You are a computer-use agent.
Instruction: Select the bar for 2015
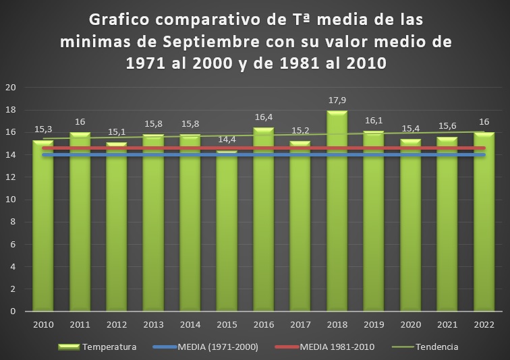pos(227,233)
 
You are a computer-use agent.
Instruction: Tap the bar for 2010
pos(43,229)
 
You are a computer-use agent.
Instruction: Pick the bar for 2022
pos(484,222)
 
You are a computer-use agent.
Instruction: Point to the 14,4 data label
pos(227,140)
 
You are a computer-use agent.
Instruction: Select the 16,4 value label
pos(264,118)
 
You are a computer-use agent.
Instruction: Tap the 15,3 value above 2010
pos(43,130)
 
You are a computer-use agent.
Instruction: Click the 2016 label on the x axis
pos(263,325)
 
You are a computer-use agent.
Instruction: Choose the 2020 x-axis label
pos(410,325)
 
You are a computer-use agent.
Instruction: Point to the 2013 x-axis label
pos(153,325)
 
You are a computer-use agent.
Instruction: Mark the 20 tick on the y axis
pos(11,88)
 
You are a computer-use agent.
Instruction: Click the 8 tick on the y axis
pos(13,222)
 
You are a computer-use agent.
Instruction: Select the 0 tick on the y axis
pos(13,311)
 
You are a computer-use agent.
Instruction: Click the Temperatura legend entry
pos(109,347)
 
